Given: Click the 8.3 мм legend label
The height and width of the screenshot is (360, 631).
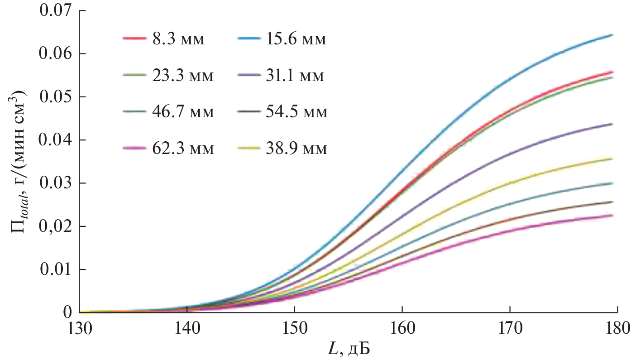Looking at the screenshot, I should (179, 40).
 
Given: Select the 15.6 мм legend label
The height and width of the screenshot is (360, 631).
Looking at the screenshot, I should (295, 40).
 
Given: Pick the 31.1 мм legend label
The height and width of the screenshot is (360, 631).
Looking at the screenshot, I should (295, 76).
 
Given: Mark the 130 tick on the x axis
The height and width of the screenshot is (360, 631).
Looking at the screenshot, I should (80, 327).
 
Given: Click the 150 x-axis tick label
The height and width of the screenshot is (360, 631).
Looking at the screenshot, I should (295, 327).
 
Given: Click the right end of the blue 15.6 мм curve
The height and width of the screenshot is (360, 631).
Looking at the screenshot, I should (612, 35).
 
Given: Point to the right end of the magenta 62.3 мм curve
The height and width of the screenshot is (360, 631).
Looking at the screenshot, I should (612, 216).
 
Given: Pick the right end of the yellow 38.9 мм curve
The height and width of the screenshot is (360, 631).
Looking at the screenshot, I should (612, 158).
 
